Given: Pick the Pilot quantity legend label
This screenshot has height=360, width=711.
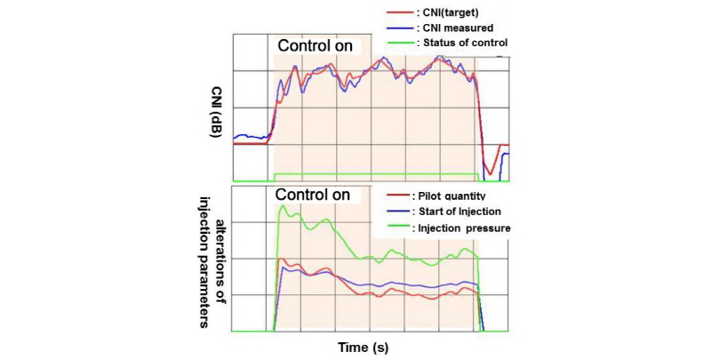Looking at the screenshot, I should [449, 195].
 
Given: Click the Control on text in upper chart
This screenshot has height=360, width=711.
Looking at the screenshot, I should [315, 44].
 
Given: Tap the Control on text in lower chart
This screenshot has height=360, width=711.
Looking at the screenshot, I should [311, 194].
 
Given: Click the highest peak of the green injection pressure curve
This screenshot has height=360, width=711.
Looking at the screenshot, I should [283, 206].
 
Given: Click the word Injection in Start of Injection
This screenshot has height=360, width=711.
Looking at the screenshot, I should [483, 211].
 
